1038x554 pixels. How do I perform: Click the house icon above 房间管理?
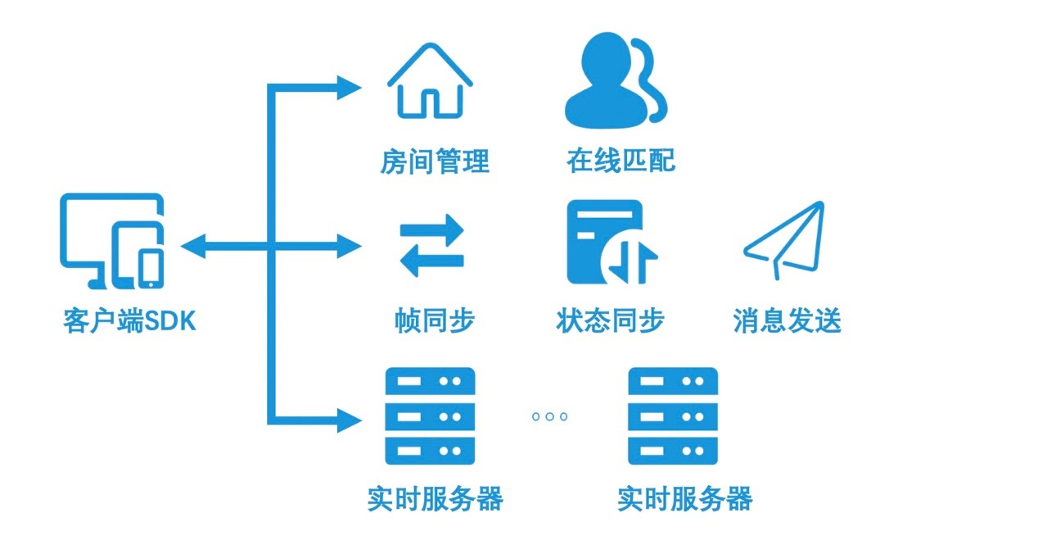(430, 81)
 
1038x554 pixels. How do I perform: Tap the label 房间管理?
(434, 161)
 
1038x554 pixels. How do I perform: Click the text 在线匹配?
(621, 161)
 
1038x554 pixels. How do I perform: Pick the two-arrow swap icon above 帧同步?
(431, 245)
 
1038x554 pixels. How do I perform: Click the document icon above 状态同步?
(611, 243)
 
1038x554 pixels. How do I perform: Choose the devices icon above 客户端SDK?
(112, 241)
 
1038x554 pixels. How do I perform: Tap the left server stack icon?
(430, 416)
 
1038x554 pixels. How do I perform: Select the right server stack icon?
(672, 416)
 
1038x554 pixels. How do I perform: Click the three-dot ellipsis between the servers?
(549, 416)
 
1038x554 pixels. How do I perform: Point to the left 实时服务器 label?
(434, 499)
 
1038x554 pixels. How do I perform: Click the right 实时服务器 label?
(684, 499)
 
